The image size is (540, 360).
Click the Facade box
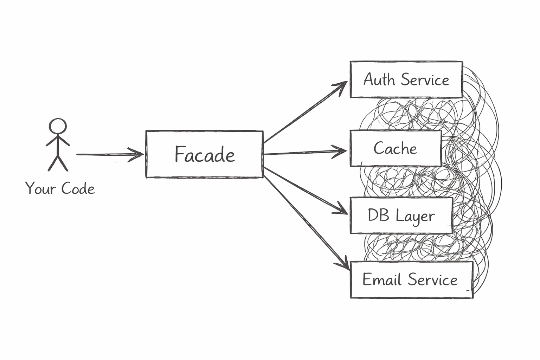tap(204, 154)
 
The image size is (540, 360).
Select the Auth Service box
tap(406, 79)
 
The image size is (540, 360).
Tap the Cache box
tap(396, 148)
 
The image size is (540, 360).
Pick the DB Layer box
tap(401, 216)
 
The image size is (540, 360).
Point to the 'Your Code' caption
tap(60, 188)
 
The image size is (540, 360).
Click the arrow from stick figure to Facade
tap(105, 154)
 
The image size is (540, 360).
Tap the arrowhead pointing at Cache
tap(341, 151)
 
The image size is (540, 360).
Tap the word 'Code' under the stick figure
tap(78, 189)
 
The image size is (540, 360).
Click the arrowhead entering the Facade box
tap(137, 154)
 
